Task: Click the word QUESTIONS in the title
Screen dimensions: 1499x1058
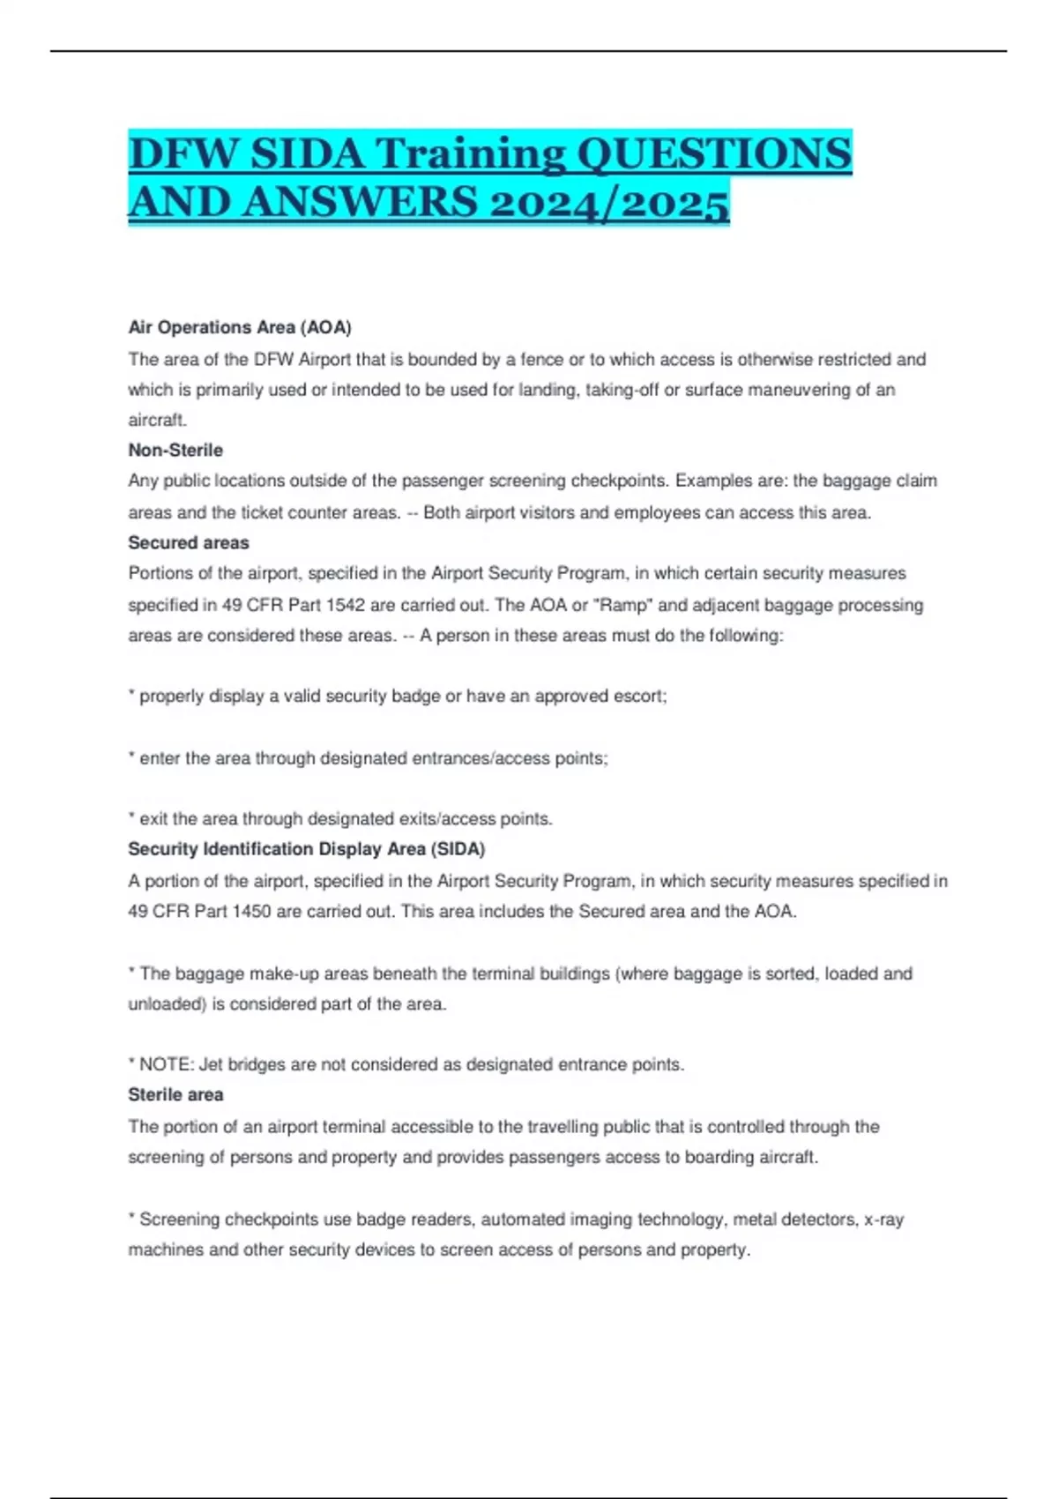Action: (713, 154)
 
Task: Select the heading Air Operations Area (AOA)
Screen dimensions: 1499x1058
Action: (240, 327)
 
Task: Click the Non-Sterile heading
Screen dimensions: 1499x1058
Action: (175, 450)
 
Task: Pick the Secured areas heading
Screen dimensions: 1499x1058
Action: (189, 542)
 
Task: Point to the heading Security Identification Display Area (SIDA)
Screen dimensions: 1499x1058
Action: (307, 848)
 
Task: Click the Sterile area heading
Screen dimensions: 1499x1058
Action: (175, 1094)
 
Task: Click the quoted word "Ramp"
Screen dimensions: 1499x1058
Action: (622, 605)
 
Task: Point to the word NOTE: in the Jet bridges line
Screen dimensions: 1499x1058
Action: (167, 1064)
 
